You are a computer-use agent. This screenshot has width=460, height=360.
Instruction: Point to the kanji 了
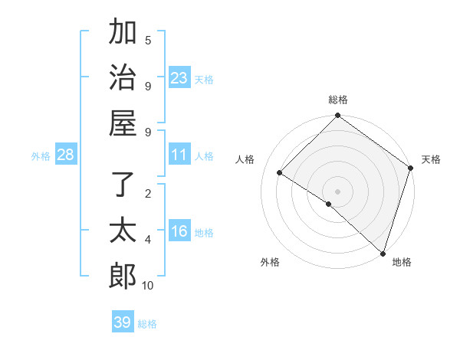(x=123, y=185)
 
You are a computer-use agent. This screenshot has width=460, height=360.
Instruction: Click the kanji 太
(x=123, y=230)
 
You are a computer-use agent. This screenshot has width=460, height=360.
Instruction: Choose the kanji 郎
(x=123, y=274)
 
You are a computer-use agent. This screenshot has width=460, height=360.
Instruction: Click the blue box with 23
(x=179, y=78)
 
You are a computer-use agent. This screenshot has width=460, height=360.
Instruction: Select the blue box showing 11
(x=179, y=155)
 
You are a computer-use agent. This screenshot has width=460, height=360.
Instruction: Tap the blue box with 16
(x=179, y=232)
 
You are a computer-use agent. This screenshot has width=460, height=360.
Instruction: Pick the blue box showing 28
(x=65, y=155)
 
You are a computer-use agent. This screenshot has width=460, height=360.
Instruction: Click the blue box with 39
(x=123, y=322)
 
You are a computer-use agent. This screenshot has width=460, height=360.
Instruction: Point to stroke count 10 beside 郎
(x=148, y=286)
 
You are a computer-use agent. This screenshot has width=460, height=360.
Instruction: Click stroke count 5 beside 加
(x=148, y=40)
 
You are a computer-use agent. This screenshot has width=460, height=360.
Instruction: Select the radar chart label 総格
(x=338, y=100)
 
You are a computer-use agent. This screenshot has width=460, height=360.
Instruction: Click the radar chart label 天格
(x=431, y=159)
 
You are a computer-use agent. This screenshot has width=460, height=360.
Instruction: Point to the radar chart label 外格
(x=270, y=262)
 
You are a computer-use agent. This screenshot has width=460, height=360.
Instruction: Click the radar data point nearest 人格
(x=280, y=173)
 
